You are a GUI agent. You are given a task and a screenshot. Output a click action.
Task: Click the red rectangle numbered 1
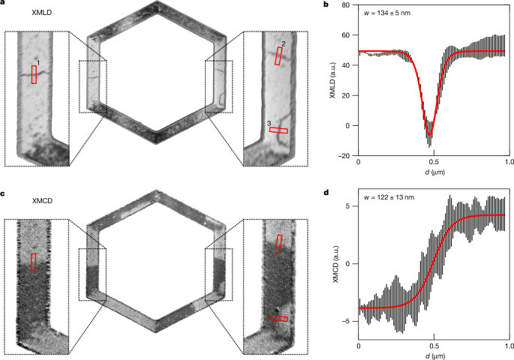[34, 73]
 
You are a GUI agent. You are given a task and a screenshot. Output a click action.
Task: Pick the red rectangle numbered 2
[278, 55]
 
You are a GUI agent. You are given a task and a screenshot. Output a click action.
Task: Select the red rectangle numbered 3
[278, 130]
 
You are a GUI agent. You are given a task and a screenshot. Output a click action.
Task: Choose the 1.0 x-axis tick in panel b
[508, 162]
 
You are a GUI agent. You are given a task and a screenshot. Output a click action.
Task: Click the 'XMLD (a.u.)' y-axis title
[332, 79]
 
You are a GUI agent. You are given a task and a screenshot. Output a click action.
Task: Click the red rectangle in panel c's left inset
[33, 262]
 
